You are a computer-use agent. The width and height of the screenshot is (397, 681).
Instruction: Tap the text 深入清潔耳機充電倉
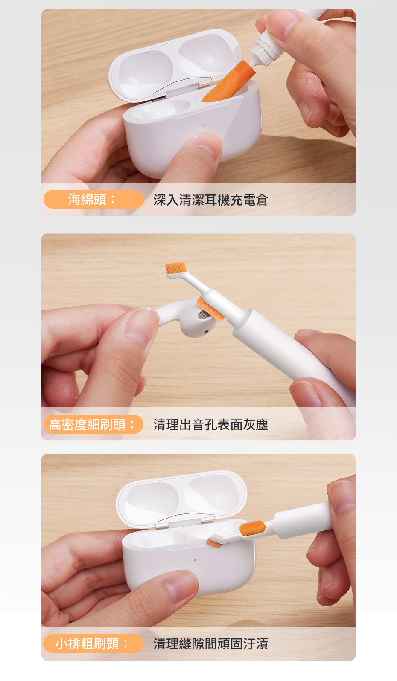tap(210, 200)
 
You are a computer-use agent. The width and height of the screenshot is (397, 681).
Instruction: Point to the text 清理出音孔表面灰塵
tap(211, 425)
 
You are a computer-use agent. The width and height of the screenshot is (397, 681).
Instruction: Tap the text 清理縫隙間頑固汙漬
tap(211, 643)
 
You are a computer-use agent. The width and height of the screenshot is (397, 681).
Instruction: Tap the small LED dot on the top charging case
tap(204, 125)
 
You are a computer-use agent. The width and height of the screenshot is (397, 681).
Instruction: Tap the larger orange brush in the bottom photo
tap(252, 528)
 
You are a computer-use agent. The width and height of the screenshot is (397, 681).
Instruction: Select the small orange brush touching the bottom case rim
tap(214, 543)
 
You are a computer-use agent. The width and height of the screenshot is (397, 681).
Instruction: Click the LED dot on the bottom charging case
tap(195, 560)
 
